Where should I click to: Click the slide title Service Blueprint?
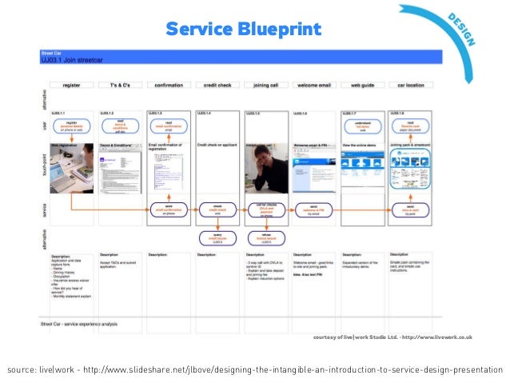tap(243, 30)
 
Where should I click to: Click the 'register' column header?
tap(71, 83)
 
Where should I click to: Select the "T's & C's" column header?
tap(119, 83)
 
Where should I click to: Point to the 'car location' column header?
tap(410, 83)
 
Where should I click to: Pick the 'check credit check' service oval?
tap(216, 209)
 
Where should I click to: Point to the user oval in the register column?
tap(71, 125)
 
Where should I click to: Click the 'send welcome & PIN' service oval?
tap(313, 209)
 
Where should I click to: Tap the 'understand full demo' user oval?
tap(362, 125)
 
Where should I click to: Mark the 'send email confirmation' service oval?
tap(167, 209)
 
